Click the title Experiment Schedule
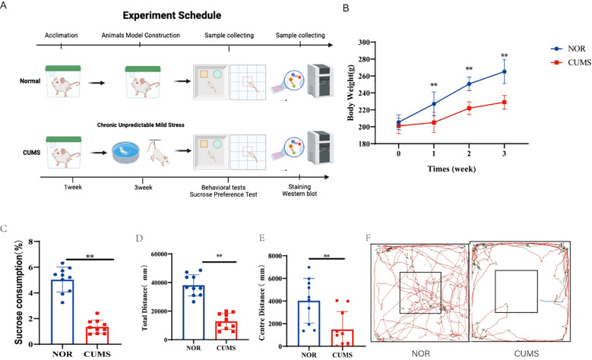coord(172,15)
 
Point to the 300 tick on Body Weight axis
coord(364,43)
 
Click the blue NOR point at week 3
coord(504,71)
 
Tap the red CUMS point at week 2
coord(469,108)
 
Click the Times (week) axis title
coord(451,169)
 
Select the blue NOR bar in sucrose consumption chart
coord(62,311)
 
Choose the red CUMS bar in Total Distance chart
coord(226,330)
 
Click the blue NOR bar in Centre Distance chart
coord(309,324)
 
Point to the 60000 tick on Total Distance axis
coord(159,254)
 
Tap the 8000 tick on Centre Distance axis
coord(275,256)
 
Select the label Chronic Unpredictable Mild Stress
coord(141,125)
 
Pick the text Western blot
coord(299,194)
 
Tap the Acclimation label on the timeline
coord(61,35)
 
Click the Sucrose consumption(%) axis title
coord(19,292)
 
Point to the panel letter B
coord(346,8)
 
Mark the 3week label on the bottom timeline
coord(143,187)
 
